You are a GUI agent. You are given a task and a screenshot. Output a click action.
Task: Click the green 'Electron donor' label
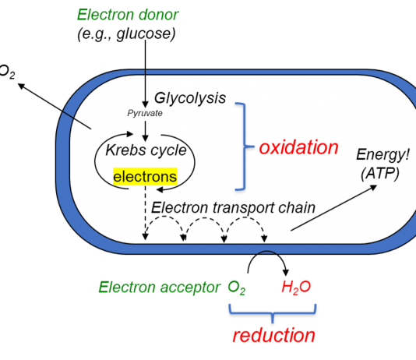(128, 15)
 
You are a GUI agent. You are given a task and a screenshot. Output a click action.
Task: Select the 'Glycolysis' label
(190, 98)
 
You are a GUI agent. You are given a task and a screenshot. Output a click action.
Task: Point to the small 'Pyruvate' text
(145, 113)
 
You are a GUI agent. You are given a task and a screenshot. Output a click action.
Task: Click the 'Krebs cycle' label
(146, 150)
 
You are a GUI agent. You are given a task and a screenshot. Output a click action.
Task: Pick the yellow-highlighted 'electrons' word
(145, 176)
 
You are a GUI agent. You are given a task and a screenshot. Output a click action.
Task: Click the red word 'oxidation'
(298, 147)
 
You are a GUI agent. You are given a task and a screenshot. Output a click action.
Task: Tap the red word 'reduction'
(273, 335)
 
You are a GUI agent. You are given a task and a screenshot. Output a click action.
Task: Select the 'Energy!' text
(383, 154)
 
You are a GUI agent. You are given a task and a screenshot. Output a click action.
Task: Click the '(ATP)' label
(380, 174)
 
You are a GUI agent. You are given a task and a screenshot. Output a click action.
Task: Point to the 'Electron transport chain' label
(233, 207)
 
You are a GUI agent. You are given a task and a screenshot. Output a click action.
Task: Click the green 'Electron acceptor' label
(159, 287)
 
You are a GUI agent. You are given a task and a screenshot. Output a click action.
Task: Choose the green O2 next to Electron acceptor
(236, 288)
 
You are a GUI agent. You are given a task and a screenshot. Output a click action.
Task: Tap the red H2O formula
(296, 288)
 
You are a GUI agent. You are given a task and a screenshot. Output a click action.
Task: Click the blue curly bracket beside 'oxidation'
(244, 146)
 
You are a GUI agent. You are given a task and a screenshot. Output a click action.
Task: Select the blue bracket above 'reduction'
(273, 313)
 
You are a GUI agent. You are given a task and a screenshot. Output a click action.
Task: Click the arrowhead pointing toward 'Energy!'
(374, 187)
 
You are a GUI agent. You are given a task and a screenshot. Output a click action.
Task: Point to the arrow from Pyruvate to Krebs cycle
(145, 132)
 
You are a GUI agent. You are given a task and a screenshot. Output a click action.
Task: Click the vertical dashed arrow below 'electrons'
(145, 213)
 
